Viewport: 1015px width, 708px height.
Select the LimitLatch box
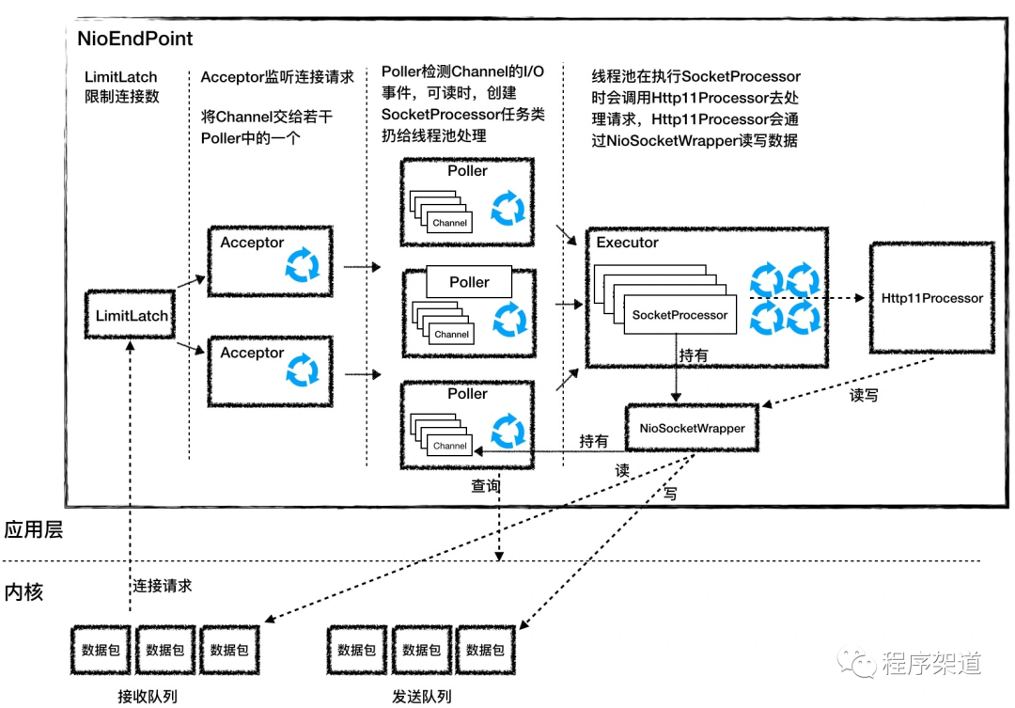click(x=132, y=316)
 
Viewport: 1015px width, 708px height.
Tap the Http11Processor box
click(x=931, y=298)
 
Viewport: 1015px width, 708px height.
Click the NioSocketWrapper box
click(x=692, y=428)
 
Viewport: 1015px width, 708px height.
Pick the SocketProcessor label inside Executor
click(x=679, y=315)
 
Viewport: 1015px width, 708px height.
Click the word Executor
click(x=628, y=243)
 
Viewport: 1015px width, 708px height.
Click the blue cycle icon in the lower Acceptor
click(x=303, y=368)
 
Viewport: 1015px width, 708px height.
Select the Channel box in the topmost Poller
click(x=451, y=223)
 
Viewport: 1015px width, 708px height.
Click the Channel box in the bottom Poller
click(x=451, y=446)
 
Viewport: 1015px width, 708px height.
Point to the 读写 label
click(x=864, y=396)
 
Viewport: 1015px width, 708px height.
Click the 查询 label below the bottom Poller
click(x=485, y=487)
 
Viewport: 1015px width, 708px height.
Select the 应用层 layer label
click(x=34, y=530)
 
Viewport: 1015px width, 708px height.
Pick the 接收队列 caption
click(x=147, y=696)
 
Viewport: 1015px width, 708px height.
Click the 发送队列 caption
click(x=421, y=696)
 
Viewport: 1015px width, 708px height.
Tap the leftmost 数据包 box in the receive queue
click(x=100, y=650)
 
